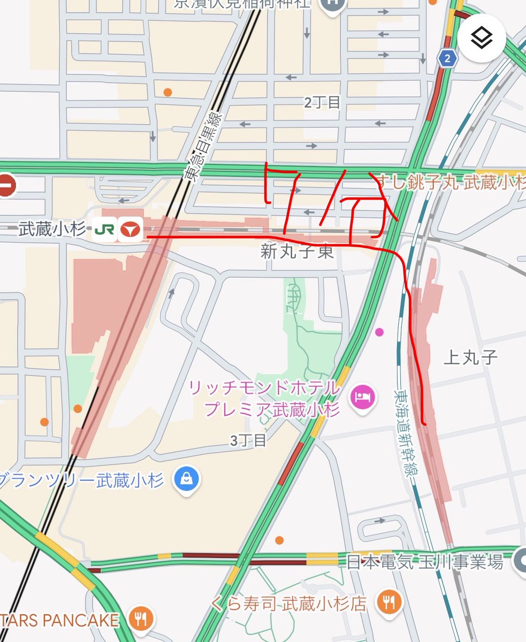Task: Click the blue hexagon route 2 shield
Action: pos(447,59)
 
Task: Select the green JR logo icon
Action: pos(104,230)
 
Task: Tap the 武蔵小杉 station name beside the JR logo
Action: pos(52,230)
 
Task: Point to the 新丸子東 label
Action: pos(298,252)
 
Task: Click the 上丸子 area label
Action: pos(471,357)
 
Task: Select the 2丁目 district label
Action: pos(322,103)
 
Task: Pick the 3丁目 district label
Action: pos(248,441)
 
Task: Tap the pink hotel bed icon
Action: pos(363,397)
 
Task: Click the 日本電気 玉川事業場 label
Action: pos(425,562)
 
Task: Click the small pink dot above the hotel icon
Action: pos(380,332)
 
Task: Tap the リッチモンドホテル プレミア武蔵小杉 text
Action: pos(265,398)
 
